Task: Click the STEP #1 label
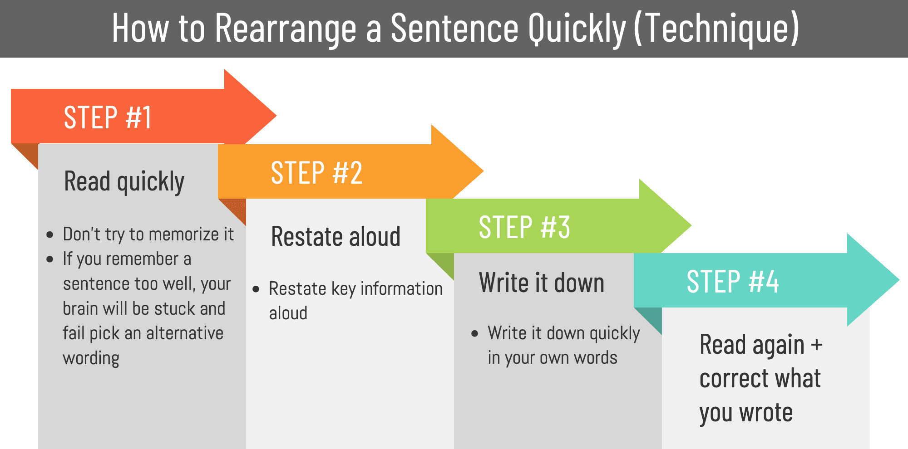point(108,117)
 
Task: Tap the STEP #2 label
point(316,173)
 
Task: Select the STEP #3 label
point(524,227)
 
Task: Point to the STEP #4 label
point(733,282)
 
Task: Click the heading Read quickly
point(124,182)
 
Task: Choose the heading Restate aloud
point(336,237)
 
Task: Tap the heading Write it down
point(542,283)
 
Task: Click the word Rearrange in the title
point(286,29)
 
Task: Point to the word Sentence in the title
point(454,29)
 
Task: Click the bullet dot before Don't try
point(50,235)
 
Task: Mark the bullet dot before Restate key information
point(256,289)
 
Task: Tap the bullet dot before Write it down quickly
point(475,334)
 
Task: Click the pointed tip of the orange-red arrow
point(275,116)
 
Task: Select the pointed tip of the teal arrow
point(898,280)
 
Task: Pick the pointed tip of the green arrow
point(690,225)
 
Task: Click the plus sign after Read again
point(816,345)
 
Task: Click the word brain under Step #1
point(80,309)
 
